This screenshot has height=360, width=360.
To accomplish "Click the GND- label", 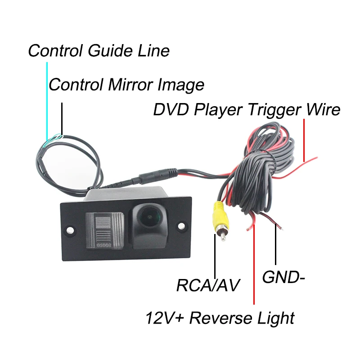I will pyautogui.click(x=283, y=277).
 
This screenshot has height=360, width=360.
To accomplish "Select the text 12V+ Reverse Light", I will pyautogui.click(x=220, y=318).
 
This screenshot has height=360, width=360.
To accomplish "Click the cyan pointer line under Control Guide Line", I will pyautogui.click(x=47, y=99).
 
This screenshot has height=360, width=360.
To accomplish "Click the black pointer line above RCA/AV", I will pyautogui.click(x=216, y=259).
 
